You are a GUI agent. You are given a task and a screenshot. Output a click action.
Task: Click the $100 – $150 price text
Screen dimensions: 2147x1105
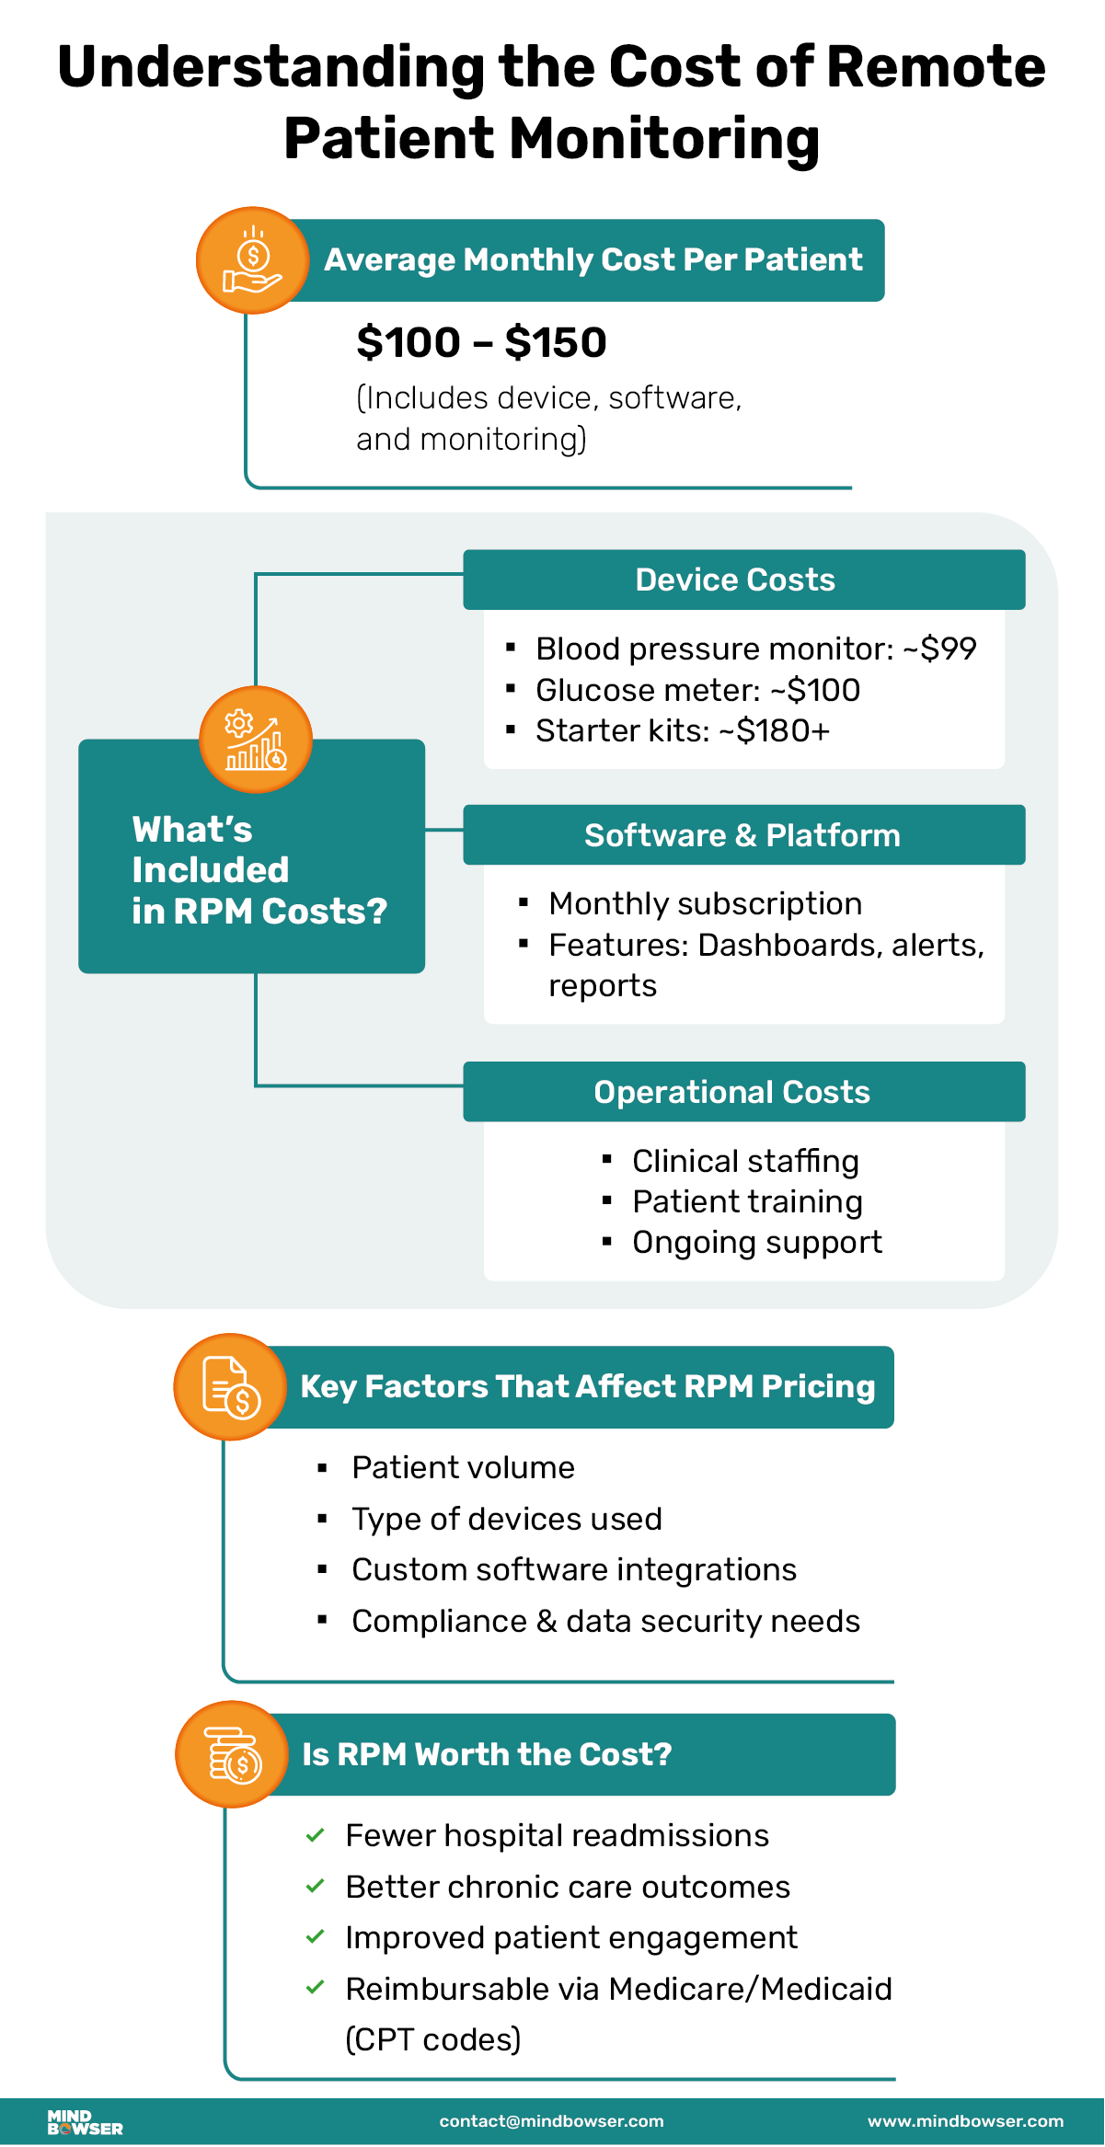tap(481, 343)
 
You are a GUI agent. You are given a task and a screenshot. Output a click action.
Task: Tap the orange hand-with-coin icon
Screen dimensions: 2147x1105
tap(252, 261)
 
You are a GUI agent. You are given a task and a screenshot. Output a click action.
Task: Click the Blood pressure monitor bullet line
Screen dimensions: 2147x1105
tap(755, 649)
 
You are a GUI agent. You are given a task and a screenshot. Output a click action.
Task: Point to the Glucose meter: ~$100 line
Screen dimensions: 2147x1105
tap(697, 691)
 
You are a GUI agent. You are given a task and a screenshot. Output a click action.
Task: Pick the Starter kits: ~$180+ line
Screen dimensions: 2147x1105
tap(683, 731)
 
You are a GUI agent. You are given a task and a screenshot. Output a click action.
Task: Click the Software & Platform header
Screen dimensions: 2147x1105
tap(743, 836)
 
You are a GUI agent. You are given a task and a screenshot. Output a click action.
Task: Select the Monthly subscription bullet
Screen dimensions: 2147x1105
tap(705, 904)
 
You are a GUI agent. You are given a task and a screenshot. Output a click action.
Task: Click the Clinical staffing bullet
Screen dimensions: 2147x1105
tap(745, 1162)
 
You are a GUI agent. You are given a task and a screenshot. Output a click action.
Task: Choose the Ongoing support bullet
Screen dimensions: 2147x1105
tap(756, 1243)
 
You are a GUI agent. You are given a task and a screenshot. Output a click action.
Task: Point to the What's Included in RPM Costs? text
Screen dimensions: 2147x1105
tap(259, 870)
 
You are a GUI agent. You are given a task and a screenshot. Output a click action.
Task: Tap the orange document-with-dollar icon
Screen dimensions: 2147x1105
tap(230, 1387)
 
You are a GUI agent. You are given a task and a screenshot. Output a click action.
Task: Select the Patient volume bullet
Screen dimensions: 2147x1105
tap(463, 1468)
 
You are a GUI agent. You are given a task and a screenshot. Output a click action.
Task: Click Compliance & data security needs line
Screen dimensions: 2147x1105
tap(605, 1622)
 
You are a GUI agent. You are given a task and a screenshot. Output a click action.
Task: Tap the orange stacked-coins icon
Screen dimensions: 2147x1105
tap(232, 1755)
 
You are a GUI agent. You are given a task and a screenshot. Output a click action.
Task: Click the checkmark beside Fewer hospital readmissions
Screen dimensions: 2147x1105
tap(315, 1836)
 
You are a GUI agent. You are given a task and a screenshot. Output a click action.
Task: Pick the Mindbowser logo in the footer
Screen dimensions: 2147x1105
tap(85, 2122)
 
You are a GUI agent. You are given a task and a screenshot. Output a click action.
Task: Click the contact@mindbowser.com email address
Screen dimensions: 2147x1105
tap(551, 2122)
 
